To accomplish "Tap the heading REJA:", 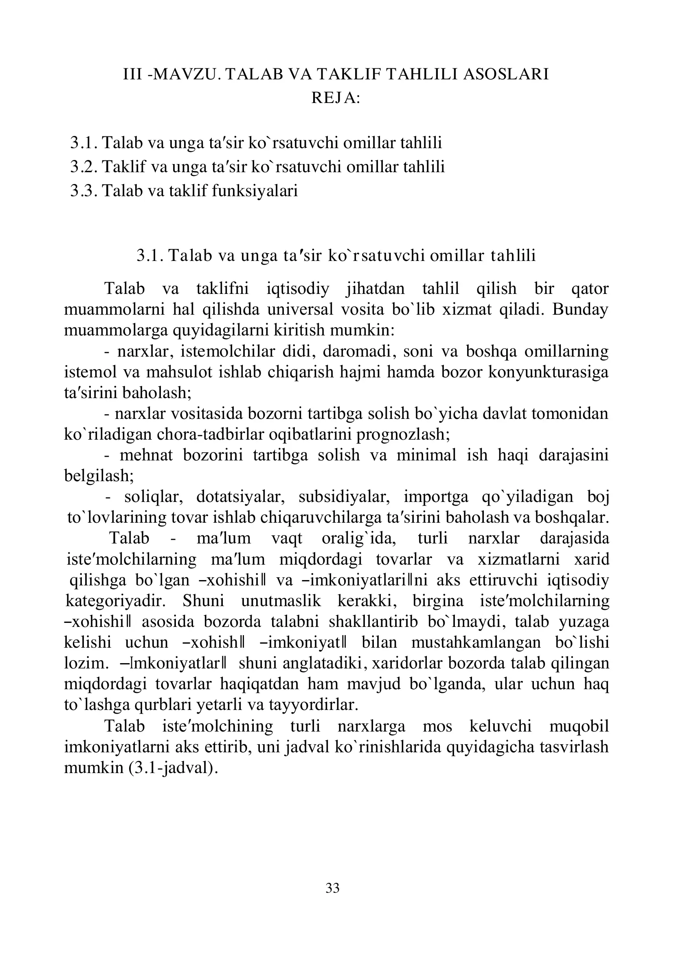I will click(x=336, y=98).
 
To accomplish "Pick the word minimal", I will click(x=426, y=455).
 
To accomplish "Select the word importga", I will click(x=436, y=496).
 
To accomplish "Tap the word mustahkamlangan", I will click(x=476, y=642).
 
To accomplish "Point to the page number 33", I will click(x=333, y=888).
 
